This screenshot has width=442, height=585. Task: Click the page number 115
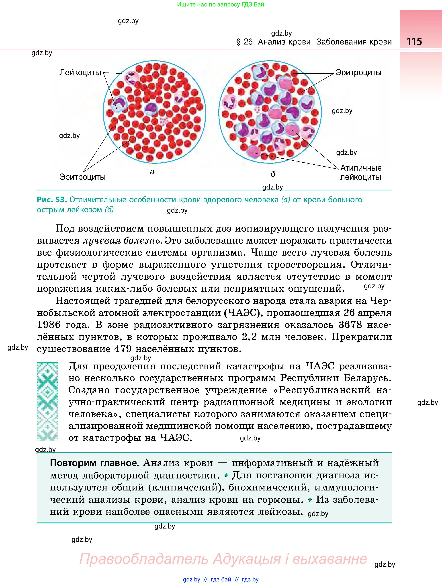[x=414, y=42]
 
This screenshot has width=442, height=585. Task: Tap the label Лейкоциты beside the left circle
[x=80, y=73]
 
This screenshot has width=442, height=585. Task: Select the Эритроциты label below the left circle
[x=82, y=177]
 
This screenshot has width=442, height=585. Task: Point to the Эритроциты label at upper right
[x=358, y=73]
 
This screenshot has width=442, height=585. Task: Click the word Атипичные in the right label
[x=361, y=168]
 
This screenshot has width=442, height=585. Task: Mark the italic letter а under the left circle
[x=152, y=172]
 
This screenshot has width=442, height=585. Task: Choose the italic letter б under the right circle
[x=273, y=174]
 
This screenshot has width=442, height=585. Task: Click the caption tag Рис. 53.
[x=51, y=200]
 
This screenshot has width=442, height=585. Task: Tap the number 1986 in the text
[x=49, y=325]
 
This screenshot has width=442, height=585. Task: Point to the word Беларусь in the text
[x=367, y=378]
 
